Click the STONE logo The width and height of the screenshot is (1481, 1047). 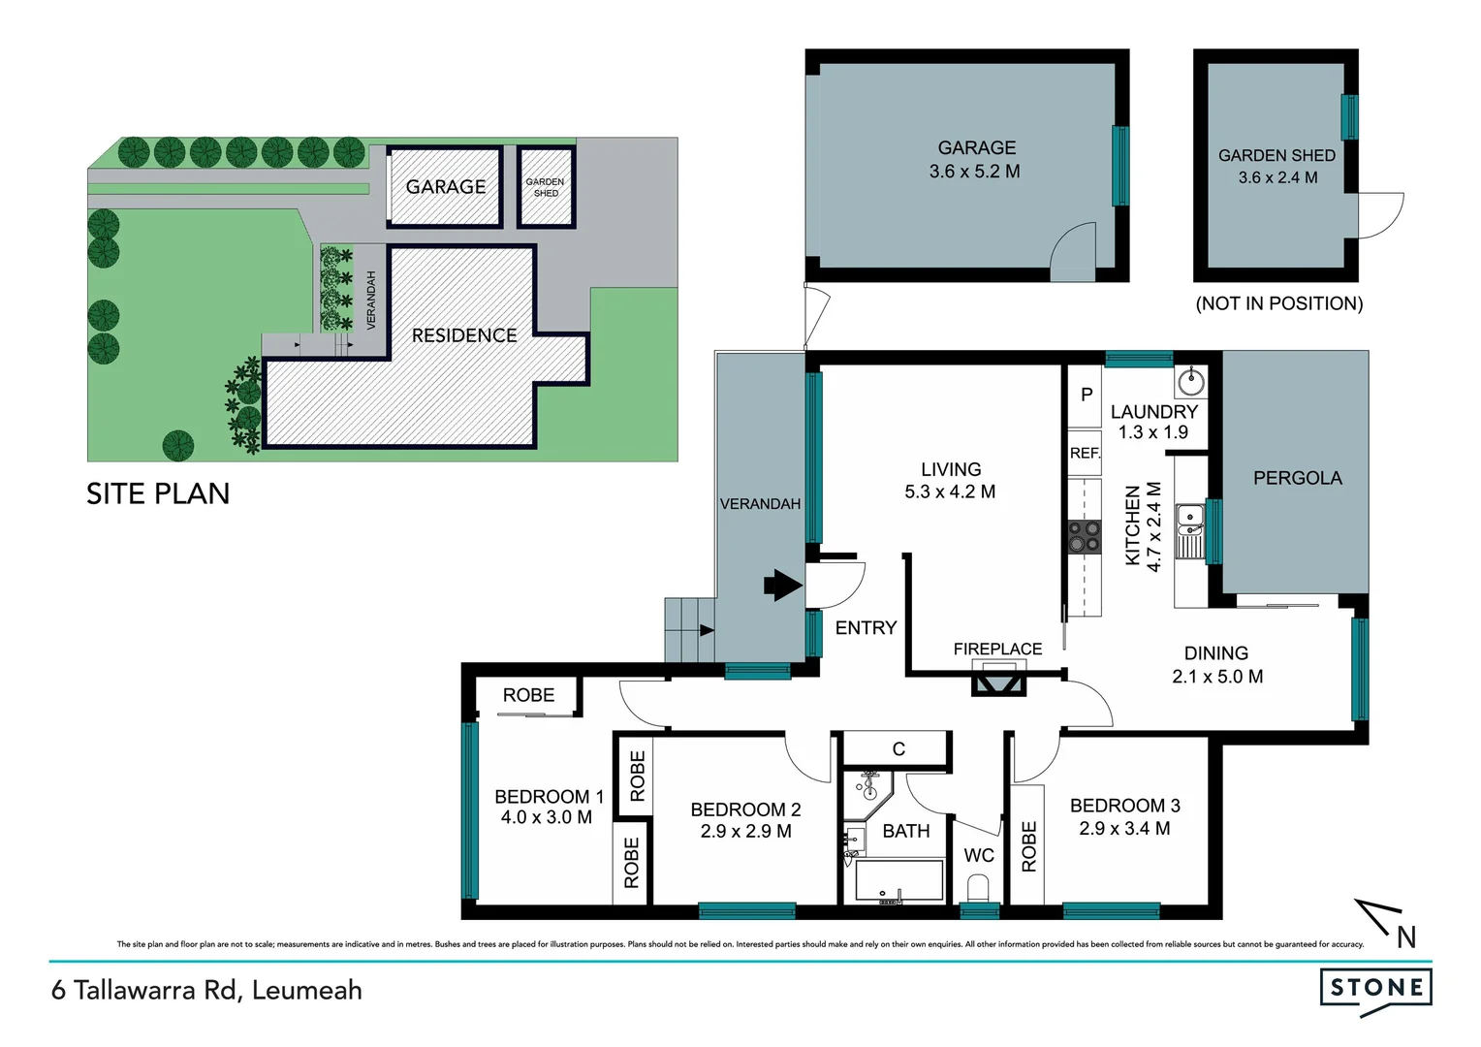(x=1375, y=989)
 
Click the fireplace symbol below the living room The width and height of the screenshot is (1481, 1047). (x=998, y=679)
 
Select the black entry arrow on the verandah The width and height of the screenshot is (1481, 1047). (x=782, y=585)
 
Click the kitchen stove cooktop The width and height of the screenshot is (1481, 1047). (x=1084, y=536)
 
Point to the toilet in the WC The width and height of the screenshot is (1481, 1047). (x=978, y=887)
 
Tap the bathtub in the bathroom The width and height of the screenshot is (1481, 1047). (x=898, y=881)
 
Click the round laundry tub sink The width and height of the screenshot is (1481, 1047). (x=1190, y=382)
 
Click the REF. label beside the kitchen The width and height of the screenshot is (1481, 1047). (x=1085, y=453)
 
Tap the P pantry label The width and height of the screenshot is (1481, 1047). (x=1087, y=395)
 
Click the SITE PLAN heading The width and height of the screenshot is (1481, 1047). (x=158, y=493)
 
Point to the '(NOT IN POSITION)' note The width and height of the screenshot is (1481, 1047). (x=1278, y=303)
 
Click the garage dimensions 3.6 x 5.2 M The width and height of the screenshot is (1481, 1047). (x=974, y=172)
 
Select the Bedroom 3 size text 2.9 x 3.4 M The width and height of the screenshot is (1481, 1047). (x=1124, y=829)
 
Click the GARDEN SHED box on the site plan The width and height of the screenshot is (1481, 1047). (x=546, y=187)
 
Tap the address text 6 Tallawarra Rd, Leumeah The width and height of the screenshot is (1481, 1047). (x=206, y=990)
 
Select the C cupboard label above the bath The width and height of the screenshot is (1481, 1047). (x=898, y=748)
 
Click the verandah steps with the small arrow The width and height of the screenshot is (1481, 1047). (x=689, y=629)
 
